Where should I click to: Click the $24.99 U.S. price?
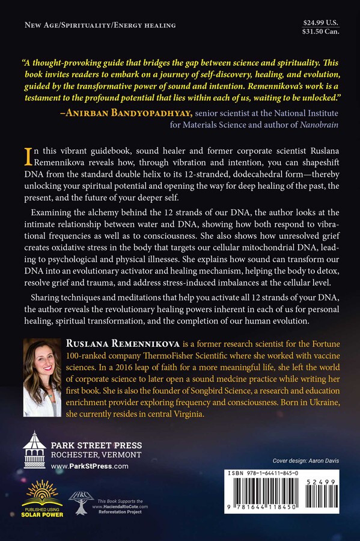coord(322,22)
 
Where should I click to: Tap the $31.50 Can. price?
coord(322,31)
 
